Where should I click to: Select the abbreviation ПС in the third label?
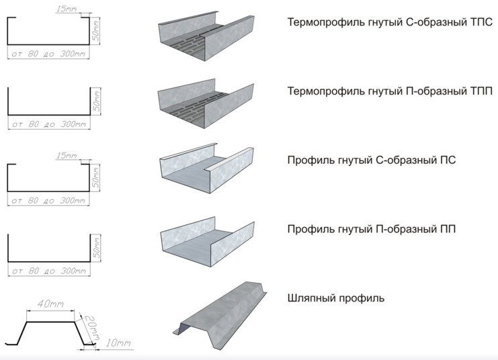click(x=447, y=160)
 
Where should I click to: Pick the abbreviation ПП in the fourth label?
click(x=447, y=229)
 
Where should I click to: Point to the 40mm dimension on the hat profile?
click(x=51, y=304)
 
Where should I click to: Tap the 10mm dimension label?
click(x=118, y=343)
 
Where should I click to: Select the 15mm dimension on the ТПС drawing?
click(x=67, y=9)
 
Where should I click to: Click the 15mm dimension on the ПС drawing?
click(x=67, y=155)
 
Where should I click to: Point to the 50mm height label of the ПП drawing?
click(x=97, y=247)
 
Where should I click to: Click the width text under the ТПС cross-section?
click(x=48, y=54)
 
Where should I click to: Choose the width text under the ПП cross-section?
click(x=49, y=271)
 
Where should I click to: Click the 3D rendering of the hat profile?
click(x=220, y=316)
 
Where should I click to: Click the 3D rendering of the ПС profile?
click(x=206, y=168)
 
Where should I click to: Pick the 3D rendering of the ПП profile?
click(x=207, y=241)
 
